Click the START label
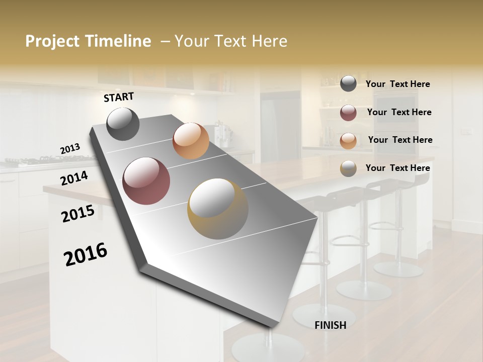(119, 97)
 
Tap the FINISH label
(330, 325)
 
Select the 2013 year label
(70, 149)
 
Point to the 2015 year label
(78, 214)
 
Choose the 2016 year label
(86, 255)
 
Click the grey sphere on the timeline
(123, 124)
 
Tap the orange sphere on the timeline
(191, 141)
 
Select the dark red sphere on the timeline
(146, 181)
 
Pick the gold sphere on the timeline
(217, 209)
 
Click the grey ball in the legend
(348, 84)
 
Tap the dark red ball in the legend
(348, 113)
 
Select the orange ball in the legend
(348, 141)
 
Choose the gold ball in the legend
(348, 168)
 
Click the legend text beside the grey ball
(397, 84)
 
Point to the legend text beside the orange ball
(400, 140)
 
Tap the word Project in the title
(51, 41)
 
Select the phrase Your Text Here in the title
(231, 41)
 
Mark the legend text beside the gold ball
(397, 168)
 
